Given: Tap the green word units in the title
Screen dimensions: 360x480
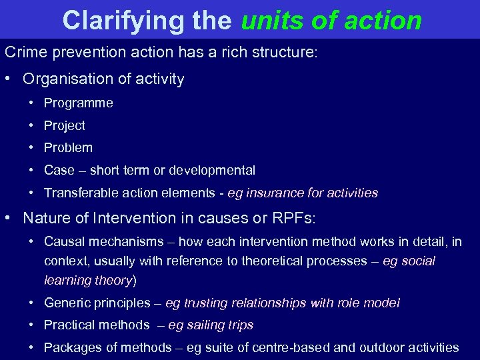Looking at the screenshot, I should click(267, 21).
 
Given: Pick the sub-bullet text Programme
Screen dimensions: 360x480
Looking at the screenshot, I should click(78, 103).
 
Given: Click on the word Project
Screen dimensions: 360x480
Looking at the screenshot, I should click(64, 125).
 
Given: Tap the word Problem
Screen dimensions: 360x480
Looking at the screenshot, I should click(68, 147).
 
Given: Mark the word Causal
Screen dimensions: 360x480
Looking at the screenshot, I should click(64, 241).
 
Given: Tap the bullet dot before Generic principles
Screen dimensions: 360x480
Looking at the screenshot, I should click(31, 303).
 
